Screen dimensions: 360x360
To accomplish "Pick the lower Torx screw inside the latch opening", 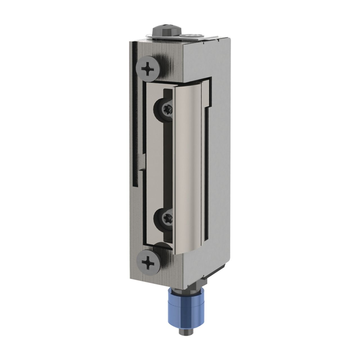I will (x=165, y=217).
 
